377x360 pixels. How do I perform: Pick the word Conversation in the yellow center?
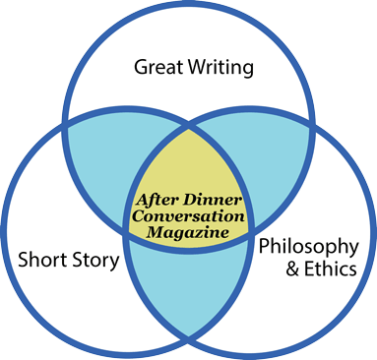tap(188, 215)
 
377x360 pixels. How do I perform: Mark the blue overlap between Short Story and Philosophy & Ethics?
tap(188, 295)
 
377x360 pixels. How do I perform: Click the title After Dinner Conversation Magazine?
tap(188, 215)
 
